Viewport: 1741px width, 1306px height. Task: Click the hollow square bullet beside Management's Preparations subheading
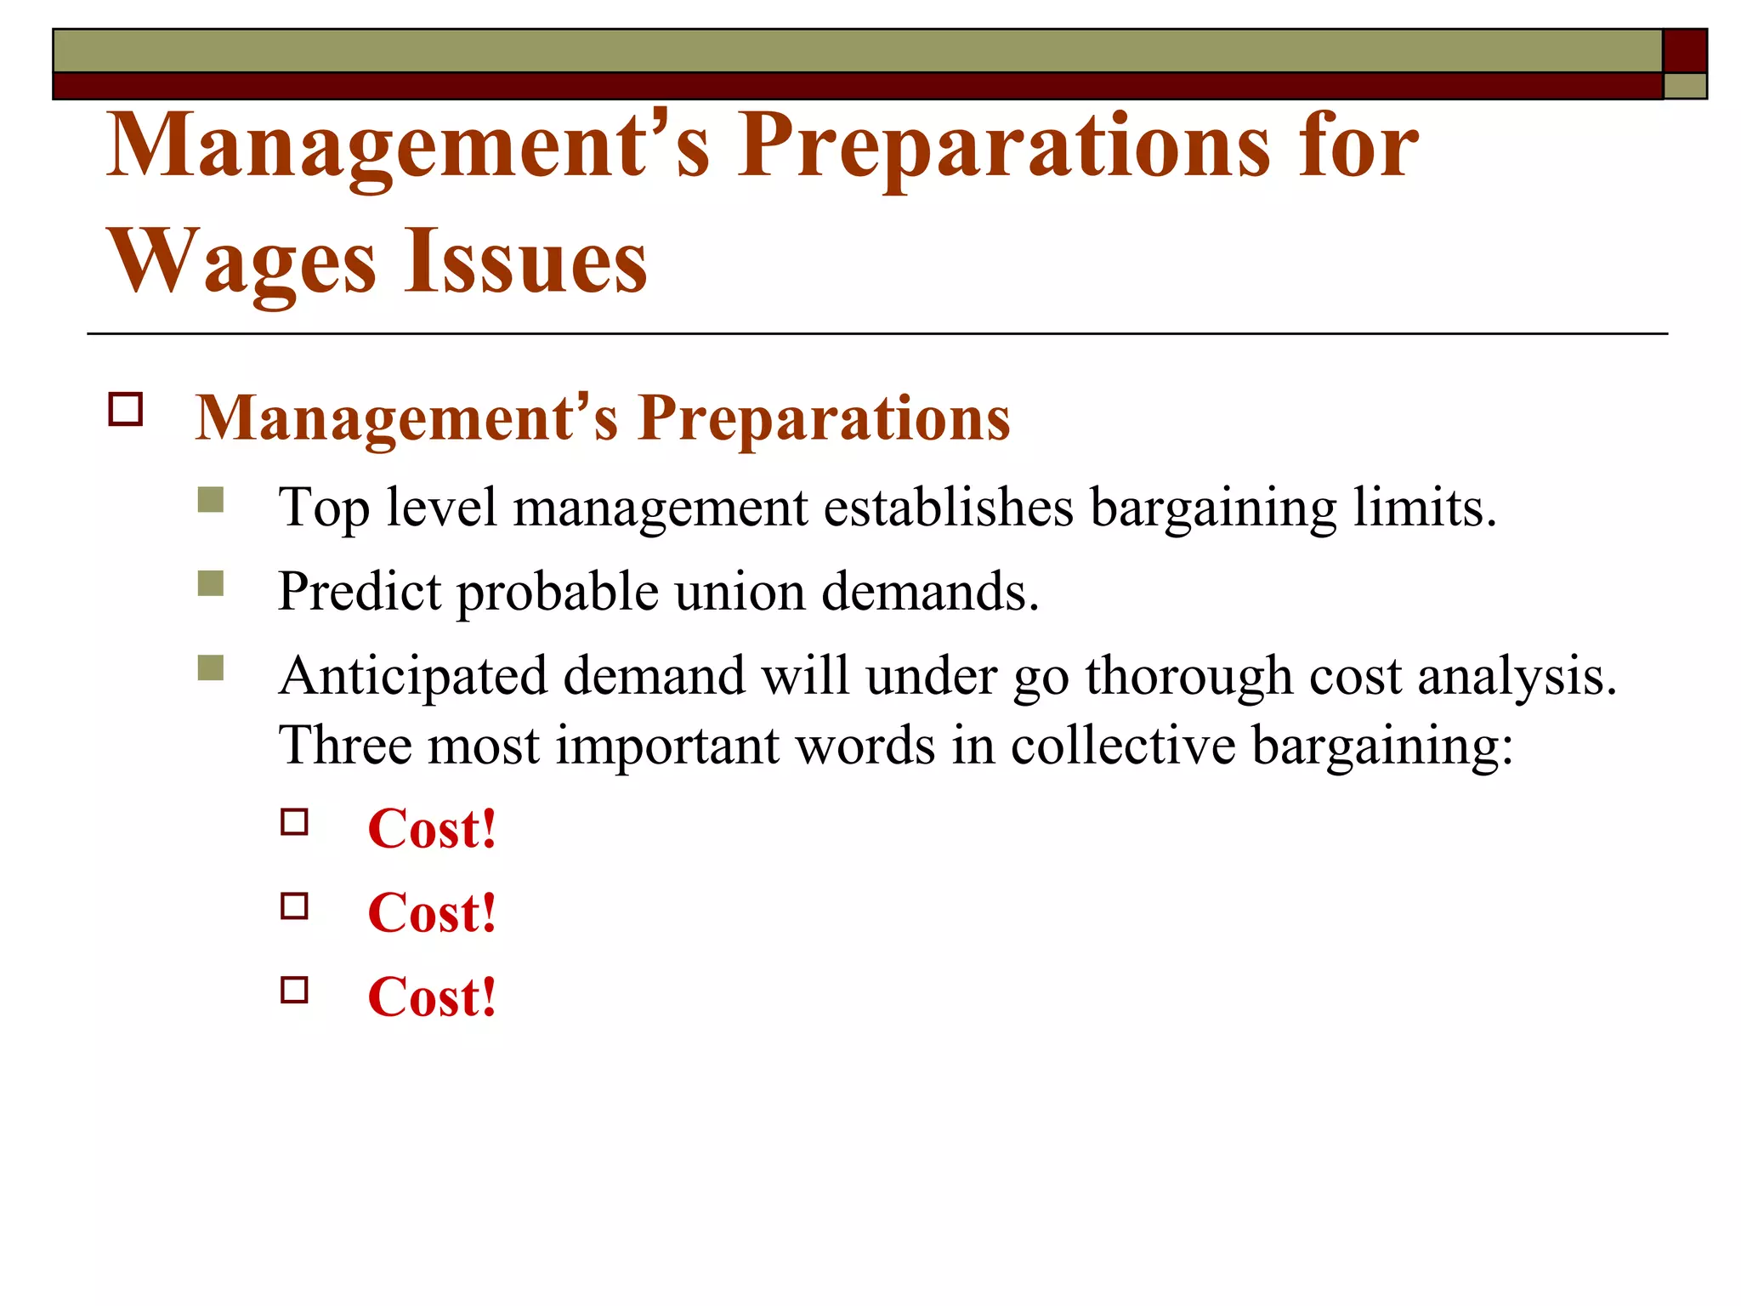click(x=126, y=410)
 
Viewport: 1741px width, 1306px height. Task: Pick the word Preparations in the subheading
click(x=824, y=418)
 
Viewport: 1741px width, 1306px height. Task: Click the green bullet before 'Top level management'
click(x=210, y=500)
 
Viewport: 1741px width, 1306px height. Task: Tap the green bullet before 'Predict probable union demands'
click(x=210, y=583)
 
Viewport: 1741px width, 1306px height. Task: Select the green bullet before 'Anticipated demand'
click(x=210, y=667)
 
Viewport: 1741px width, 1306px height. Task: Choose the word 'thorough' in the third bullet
click(x=1188, y=676)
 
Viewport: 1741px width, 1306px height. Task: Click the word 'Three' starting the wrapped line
click(x=344, y=745)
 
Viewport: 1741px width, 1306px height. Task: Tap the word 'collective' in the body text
click(x=1123, y=745)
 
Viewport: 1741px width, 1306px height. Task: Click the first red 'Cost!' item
click(x=432, y=828)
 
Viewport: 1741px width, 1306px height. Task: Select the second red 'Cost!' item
click(x=432, y=912)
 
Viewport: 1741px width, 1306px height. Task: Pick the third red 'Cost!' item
click(x=432, y=997)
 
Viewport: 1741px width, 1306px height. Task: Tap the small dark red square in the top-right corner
click(x=1684, y=50)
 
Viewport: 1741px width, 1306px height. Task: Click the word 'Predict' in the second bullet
click(x=360, y=591)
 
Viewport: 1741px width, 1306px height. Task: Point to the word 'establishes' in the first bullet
click(x=948, y=508)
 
